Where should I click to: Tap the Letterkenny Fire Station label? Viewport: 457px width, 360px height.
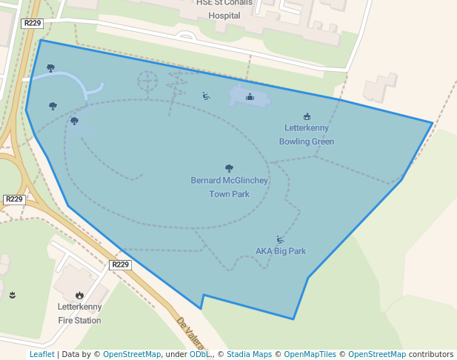coord(79,314)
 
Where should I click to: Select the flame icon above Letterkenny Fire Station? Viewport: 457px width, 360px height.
coord(79,296)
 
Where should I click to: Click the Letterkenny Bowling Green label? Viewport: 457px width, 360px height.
coord(307,135)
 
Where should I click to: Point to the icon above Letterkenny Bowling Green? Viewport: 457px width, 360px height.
coord(307,116)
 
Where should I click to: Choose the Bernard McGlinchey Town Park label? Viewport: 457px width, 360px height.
coord(229,187)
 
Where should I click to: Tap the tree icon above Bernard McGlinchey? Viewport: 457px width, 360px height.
coord(229,169)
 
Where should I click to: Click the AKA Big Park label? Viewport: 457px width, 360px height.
coord(281,251)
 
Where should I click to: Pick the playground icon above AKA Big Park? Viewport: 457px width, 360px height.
coord(279,239)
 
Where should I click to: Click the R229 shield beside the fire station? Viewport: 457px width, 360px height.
coord(120,264)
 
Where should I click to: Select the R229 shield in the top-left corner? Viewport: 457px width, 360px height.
coord(33,24)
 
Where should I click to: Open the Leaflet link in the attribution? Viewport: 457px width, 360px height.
coord(42,354)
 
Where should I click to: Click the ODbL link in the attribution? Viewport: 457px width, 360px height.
coord(200,354)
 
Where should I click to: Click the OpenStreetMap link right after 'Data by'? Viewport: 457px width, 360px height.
coord(132,354)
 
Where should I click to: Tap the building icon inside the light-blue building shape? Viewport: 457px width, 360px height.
coord(250,96)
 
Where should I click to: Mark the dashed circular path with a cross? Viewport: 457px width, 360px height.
coord(147,79)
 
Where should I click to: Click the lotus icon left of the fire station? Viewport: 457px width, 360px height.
coord(12,295)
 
